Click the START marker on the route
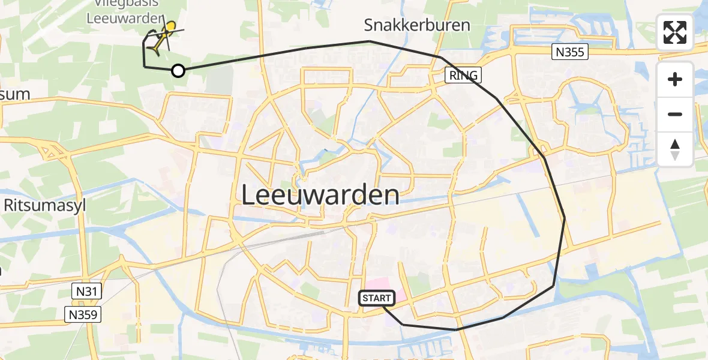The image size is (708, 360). [x=377, y=298]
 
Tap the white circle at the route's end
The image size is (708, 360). [x=178, y=71]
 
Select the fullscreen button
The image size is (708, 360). [x=675, y=32]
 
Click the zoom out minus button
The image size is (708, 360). [x=675, y=114]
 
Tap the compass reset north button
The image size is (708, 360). [x=675, y=149]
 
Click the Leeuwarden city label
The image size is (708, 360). [x=320, y=196]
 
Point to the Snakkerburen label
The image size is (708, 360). [x=417, y=25]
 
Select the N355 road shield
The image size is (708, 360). [x=569, y=52]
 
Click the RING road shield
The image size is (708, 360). [x=463, y=75]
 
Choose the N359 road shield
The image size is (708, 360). [x=83, y=314]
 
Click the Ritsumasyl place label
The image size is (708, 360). [x=46, y=206]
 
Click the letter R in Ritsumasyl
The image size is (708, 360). [x=9, y=206]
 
